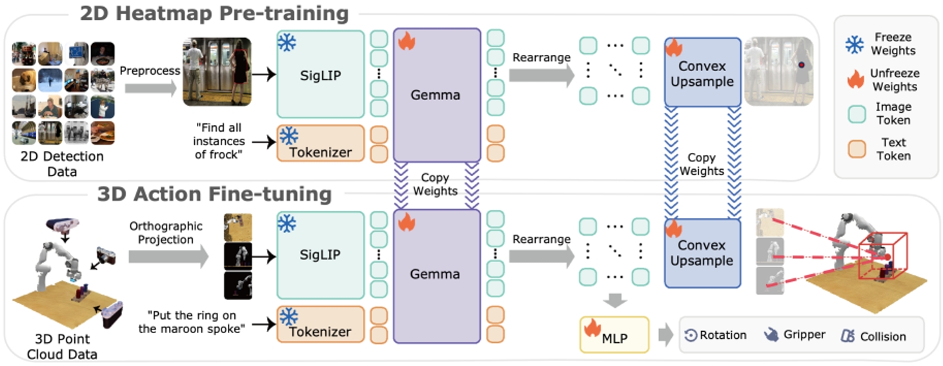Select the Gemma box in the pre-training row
pos(437,95)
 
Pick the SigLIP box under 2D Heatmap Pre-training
pos(320,75)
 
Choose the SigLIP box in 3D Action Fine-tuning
pos(320,256)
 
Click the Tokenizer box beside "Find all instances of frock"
pos(320,143)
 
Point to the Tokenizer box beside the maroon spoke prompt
pos(320,324)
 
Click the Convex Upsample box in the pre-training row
pos(702,72)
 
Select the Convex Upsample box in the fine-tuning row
pos(702,252)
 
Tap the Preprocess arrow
pos(150,85)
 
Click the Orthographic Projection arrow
pos(167,257)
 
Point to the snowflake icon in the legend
pos(855,44)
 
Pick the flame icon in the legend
pos(855,79)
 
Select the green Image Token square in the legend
pos(855,114)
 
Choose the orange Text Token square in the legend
pos(855,149)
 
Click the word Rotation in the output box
pos(723,335)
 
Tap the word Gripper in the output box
pos(804,334)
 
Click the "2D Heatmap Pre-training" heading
pos(214,13)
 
